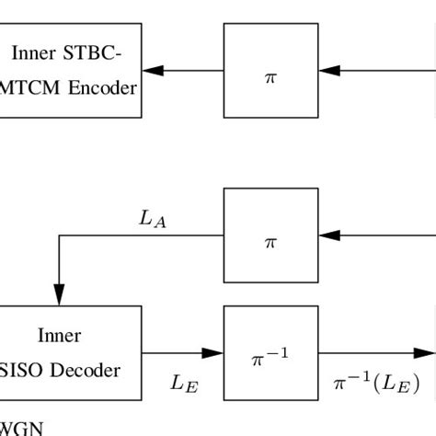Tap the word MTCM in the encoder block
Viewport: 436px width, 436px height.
(x=29, y=89)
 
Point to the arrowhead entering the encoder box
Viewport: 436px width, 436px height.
(x=153, y=70)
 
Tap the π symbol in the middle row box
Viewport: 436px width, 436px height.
(x=270, y=243)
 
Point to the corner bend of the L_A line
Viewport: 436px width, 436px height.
(x=60, y=235)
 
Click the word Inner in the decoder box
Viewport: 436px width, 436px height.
(x=59, y=336)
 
